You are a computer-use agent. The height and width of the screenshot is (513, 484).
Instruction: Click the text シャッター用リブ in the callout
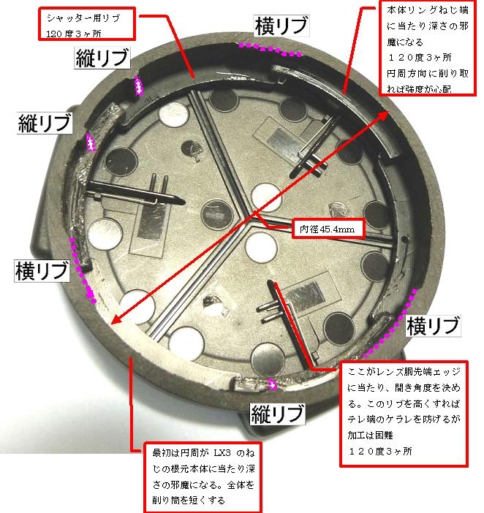(x=83, y=18)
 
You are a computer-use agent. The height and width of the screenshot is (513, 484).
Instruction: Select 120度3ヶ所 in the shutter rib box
(x=74, y=34)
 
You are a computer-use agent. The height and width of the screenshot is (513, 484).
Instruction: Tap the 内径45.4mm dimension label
(x=328, y=229)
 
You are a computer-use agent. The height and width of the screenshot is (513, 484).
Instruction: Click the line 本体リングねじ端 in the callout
(x=428, y=10)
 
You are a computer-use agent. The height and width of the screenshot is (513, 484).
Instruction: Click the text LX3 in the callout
(x=222, y=453)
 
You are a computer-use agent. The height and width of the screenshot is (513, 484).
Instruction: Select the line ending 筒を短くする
(x=189, y=501)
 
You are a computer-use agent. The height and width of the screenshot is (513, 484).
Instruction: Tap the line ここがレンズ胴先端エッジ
(x=404, y=372)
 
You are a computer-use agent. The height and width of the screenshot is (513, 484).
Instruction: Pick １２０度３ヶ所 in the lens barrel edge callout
(x=380, y=451)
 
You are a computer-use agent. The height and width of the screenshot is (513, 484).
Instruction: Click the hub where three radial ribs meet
(x=249, y=218)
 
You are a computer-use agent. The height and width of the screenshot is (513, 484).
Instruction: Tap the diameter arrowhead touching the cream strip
(x=116, y=319)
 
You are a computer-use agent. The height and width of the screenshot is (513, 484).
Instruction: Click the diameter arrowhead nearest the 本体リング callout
(x=383, y=115)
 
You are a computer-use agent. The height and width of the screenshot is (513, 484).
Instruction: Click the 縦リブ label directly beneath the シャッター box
(x=102, y=58)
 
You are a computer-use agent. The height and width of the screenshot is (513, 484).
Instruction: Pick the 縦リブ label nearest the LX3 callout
(x=277, y=414)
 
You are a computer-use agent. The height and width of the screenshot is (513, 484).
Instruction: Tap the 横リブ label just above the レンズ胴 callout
(x=434, y=326)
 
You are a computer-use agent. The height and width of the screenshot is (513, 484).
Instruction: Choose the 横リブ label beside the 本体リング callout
(x=281, y=26)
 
